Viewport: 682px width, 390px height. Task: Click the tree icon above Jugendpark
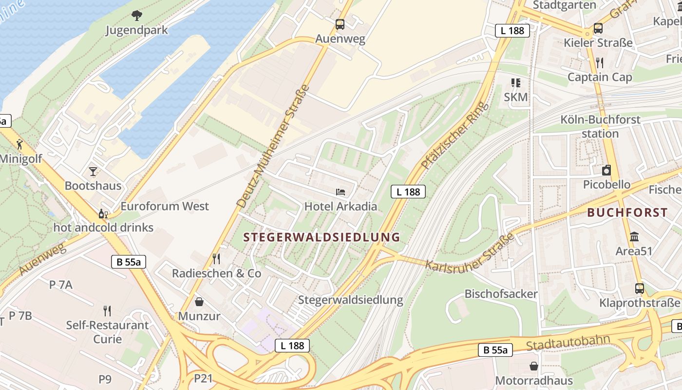point(137,15)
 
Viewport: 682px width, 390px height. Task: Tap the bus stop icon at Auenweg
point(340,24)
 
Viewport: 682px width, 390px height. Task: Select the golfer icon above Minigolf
point(19,144)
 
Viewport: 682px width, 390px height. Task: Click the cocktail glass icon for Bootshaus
point(93,171)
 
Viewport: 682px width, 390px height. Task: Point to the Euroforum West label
point(165,206)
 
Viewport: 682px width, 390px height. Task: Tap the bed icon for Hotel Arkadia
point(341,192)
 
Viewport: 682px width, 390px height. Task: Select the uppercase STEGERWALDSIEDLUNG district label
point(322,237)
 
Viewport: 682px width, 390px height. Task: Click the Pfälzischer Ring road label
point(455,135)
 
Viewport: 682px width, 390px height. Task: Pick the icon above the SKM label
point(515,83)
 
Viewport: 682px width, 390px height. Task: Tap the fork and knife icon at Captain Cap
point(600,62)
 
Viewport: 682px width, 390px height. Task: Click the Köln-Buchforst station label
point(600,126)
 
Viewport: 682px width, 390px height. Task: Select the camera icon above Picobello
point(606,170)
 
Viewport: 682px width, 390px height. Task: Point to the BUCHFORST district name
point(627,213)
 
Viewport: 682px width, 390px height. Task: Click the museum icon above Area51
point(634,237)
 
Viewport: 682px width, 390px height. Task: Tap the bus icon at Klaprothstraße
point(640,288)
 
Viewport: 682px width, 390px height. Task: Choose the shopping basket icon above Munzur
point(199,301)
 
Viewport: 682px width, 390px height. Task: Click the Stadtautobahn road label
point(568,342)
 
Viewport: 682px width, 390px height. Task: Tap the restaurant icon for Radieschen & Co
point(217,258)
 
